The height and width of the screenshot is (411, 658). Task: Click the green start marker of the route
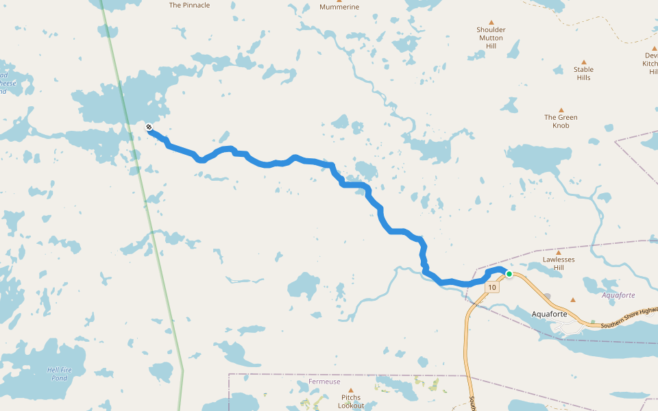click(509, 274)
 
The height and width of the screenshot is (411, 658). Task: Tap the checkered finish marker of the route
click(149, 127)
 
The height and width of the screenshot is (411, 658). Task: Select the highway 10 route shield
click(492, 288)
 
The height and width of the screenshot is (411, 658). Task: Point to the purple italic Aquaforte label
click(618, 295)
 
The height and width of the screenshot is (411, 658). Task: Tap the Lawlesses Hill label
click(559, 264)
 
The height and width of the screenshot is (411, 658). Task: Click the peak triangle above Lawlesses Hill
click(559, 253)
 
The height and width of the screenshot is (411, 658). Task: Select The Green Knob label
click(561, 121)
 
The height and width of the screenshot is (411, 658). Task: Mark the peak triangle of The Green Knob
click(561, 110)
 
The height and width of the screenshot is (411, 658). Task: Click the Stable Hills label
click(584, 73)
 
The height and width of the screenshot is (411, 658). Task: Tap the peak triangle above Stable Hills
click(584, 62)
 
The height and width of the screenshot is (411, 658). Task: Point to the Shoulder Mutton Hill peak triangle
click(491, 22)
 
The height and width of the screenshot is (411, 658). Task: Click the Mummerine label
click(339, 7)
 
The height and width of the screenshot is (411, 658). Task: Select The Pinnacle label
click(189, 5)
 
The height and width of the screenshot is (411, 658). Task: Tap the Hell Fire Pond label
click(58, 373)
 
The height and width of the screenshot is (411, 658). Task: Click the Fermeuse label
click(324, 382)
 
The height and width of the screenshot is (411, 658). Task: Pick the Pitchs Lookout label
click(351, 401)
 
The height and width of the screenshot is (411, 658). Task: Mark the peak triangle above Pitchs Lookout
click(351, 390)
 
